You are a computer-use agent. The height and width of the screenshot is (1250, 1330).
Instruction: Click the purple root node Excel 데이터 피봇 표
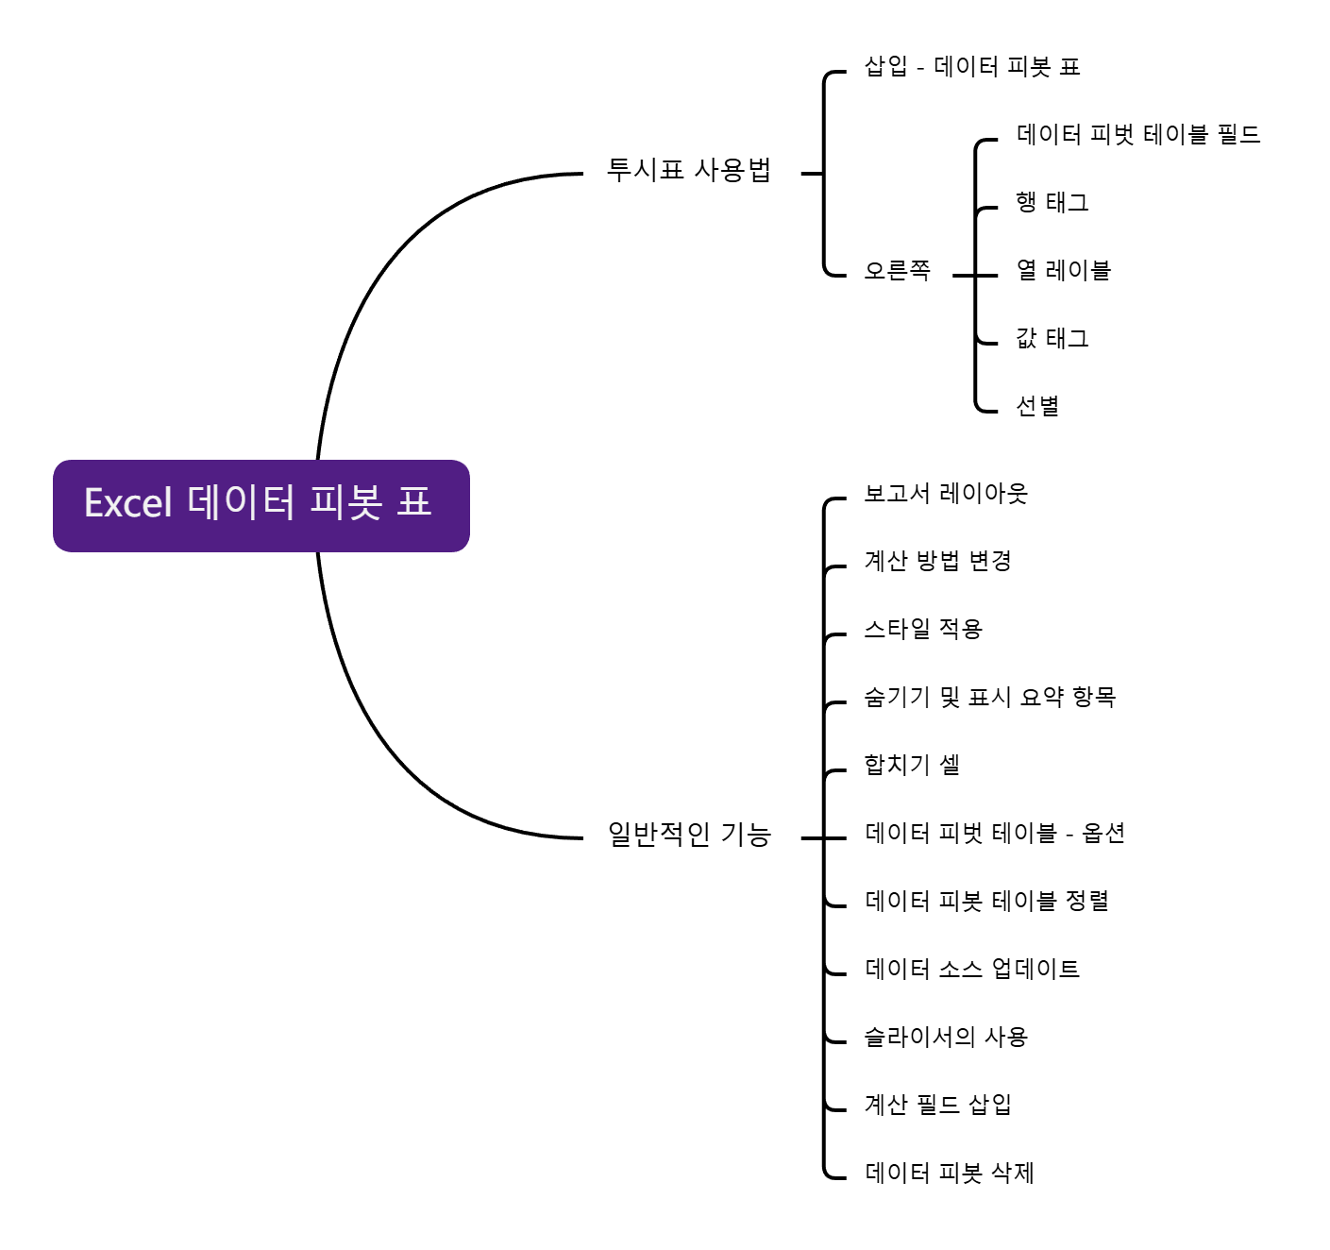(261, 505)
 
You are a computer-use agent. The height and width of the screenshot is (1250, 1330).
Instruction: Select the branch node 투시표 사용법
(689, 171)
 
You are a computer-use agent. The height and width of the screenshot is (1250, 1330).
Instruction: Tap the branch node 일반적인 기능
(689, 836)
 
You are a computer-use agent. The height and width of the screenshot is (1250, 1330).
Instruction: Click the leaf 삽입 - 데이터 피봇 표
(972, 67)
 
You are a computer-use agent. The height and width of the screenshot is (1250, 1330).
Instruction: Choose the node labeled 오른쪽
(897, 272)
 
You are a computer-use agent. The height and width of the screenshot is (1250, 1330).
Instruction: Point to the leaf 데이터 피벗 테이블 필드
(1138, 135)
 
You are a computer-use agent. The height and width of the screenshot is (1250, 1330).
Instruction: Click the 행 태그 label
(1052, 203)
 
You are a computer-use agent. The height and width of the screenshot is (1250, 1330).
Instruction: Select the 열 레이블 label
(1063, 271)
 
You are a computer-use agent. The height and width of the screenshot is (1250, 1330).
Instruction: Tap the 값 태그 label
(1052, 339)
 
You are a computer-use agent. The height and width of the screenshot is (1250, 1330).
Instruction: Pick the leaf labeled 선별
(1037, 407)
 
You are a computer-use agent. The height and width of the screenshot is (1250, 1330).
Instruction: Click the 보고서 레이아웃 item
(946, 494)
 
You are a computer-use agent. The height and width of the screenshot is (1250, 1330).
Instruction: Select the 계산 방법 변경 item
(938, 562)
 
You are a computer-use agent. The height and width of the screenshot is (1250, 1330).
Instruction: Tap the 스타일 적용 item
(923, 630)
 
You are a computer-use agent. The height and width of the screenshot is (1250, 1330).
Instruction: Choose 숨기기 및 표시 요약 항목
(990, 698)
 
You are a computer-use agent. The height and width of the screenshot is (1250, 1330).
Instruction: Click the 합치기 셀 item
(912, 766)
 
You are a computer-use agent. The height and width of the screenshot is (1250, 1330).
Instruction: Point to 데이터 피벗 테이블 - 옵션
(995, 834)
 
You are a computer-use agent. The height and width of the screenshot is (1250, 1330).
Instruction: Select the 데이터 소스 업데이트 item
(972, 970)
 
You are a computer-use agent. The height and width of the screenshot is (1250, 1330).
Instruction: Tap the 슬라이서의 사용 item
(946, 1038)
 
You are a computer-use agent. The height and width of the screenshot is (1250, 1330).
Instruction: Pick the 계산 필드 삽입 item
(938, 1106)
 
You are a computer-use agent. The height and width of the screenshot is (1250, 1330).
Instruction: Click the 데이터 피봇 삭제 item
(950, 1174)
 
